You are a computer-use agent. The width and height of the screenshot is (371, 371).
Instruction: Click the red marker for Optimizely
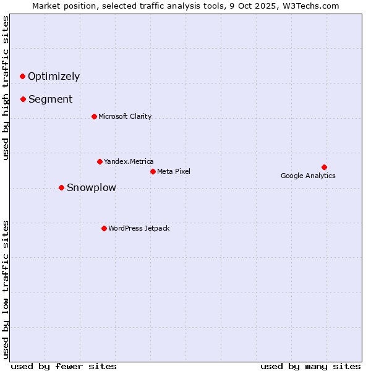(x=22, y=76)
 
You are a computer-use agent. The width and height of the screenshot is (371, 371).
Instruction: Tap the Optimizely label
(x=54, y=77)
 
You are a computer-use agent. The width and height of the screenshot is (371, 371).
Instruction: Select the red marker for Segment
(x=23, y=99)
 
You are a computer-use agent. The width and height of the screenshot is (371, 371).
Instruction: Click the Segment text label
(x=50, y=100)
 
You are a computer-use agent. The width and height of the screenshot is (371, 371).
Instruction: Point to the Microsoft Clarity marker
(x=94, y=116)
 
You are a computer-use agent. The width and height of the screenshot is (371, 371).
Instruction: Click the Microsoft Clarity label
(x=125, y=116)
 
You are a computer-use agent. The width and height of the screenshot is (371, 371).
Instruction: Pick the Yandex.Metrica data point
(x=100, y=161)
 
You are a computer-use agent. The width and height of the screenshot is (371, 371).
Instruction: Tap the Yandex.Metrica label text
(x=129, y=161)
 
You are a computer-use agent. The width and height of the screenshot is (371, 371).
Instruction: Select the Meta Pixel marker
(x=153, y=171)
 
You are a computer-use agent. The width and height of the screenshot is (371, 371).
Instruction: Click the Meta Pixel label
(x=174, y=171)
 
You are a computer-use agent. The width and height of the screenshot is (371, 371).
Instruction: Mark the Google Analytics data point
(x=324, y=167)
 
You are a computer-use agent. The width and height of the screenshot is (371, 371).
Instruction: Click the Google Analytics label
(x=308, y=176)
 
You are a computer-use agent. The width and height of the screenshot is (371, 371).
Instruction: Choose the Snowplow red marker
(x=61, y=187)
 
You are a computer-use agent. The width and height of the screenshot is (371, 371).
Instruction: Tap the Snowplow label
(x=91, y=188)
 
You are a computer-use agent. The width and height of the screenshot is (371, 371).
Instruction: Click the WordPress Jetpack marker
(x=104, y=228)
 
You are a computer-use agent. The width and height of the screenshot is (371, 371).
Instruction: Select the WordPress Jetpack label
(x=139, y=228)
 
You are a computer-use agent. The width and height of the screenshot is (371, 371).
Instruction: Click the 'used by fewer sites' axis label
(x=64, y=366)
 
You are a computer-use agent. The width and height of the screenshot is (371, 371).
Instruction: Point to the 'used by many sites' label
(x=310, y=366)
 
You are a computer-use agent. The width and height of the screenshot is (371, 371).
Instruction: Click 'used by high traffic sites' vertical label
(x=6, y=88)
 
